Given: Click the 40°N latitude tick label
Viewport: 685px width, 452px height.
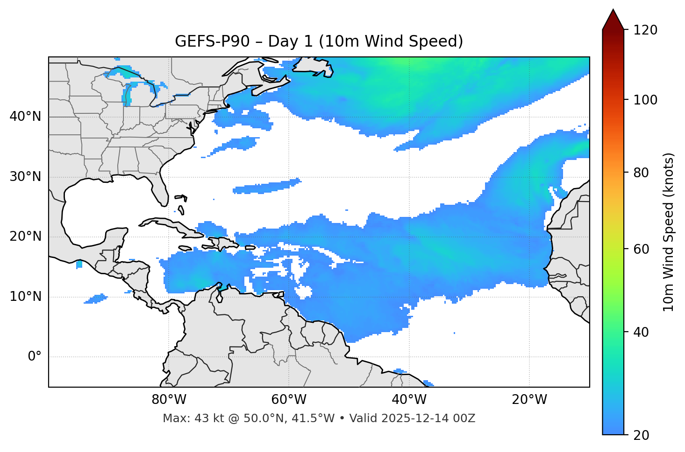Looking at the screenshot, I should [x=25, y=116].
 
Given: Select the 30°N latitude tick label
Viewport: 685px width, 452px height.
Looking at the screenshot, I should [x=25, y=177].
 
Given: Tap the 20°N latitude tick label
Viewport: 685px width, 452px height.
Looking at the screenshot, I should [x=25, y=236].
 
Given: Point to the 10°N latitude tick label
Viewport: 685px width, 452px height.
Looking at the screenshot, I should [x=25, y=297].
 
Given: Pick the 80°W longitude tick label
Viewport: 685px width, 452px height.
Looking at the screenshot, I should [x=169, y=400].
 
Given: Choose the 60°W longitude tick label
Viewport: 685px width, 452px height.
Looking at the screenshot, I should [x=289, y=400].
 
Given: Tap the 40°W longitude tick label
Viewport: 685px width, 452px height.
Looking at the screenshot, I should [x=409, y=400].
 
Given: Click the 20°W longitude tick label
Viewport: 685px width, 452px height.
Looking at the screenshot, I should [x=529, y=400].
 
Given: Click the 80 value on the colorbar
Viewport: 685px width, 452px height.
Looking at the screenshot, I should [x=644, y=173].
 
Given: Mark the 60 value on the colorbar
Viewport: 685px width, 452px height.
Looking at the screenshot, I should [x=644, y=249].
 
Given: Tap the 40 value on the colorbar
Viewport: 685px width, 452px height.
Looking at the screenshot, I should [x=644, y=332].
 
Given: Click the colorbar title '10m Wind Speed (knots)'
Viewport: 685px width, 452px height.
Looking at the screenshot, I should [x=669, y=232].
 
